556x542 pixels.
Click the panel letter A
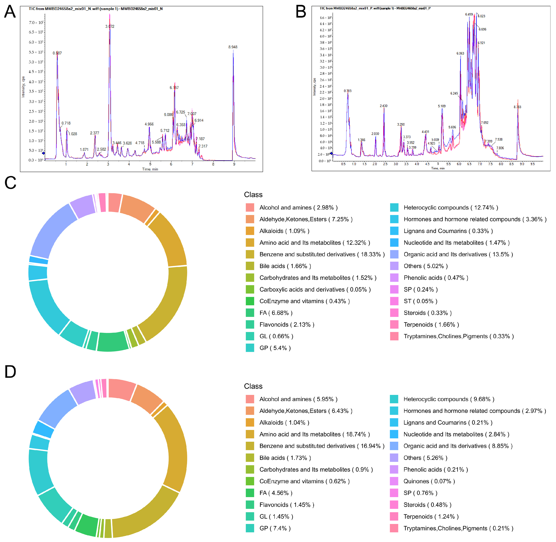point(10,12)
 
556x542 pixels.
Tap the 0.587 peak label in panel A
point(57,53)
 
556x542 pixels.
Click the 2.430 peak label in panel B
point(384,106)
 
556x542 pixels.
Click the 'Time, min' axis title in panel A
point(150,169)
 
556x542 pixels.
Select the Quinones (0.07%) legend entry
point(429,481)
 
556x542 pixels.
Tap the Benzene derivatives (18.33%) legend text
point(322,254)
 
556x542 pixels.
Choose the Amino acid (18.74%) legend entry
point(314,434)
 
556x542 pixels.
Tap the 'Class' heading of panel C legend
point(253,195)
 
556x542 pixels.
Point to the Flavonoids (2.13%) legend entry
point(286,325)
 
